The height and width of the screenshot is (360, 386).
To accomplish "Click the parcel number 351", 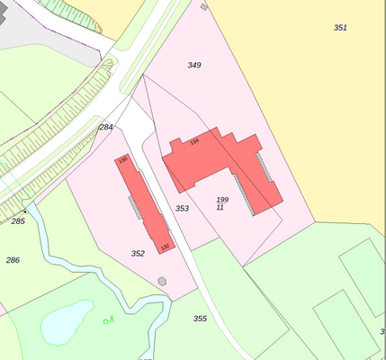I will pos(340,28).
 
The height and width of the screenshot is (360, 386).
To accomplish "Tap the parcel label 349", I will pos(194,65).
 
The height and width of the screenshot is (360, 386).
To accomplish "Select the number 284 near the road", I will pos(106,127).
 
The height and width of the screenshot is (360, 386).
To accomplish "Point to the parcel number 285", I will pos(18,220).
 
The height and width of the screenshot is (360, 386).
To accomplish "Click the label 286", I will pos(13,260).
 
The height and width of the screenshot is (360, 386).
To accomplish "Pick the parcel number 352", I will pos(138,254).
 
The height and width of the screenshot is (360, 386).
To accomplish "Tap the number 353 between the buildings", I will pos(182,208).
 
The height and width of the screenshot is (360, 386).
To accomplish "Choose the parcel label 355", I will pos(200,319).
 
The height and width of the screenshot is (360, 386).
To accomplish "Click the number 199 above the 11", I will pos(222,199).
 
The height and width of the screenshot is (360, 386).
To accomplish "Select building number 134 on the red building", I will pos(193,142).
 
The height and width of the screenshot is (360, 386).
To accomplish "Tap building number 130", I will pos(123,160).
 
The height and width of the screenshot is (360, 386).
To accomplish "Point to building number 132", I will pos(165,246).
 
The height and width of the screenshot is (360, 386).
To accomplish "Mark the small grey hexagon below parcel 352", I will pos(162,281).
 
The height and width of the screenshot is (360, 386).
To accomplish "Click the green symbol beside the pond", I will pos(109,319).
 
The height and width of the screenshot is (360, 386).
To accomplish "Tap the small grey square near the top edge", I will pos(203,6).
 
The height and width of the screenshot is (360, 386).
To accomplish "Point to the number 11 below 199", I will pos(220,207).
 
